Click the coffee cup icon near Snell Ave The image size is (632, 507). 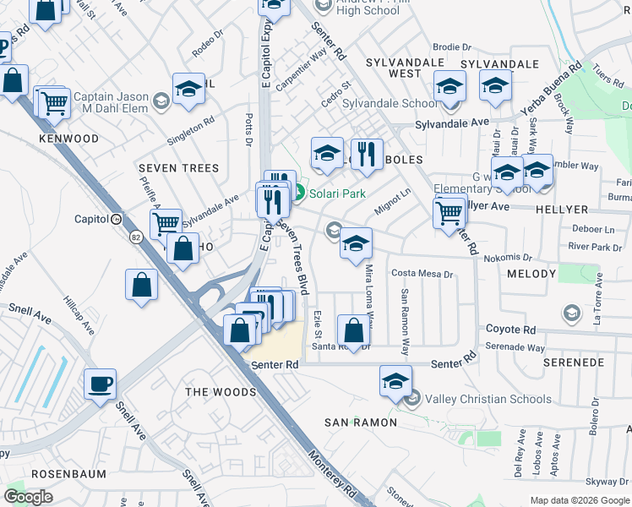[x=101, y=384]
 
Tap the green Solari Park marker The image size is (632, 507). [x=299, y=194]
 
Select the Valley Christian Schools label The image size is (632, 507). [x=488, y=399]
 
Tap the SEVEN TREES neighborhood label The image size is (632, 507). [x=178, y=168]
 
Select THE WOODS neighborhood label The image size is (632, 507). [x=220, y=392]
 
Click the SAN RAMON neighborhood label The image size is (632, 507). [x=361, y=422]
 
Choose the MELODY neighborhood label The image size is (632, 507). [x=531, y=274]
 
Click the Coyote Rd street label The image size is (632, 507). [x=510, y=330]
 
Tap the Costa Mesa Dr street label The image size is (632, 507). [x=423, y=274]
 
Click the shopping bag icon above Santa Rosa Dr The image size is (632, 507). [x=354, y=329]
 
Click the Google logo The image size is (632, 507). [x=28, y=497]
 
